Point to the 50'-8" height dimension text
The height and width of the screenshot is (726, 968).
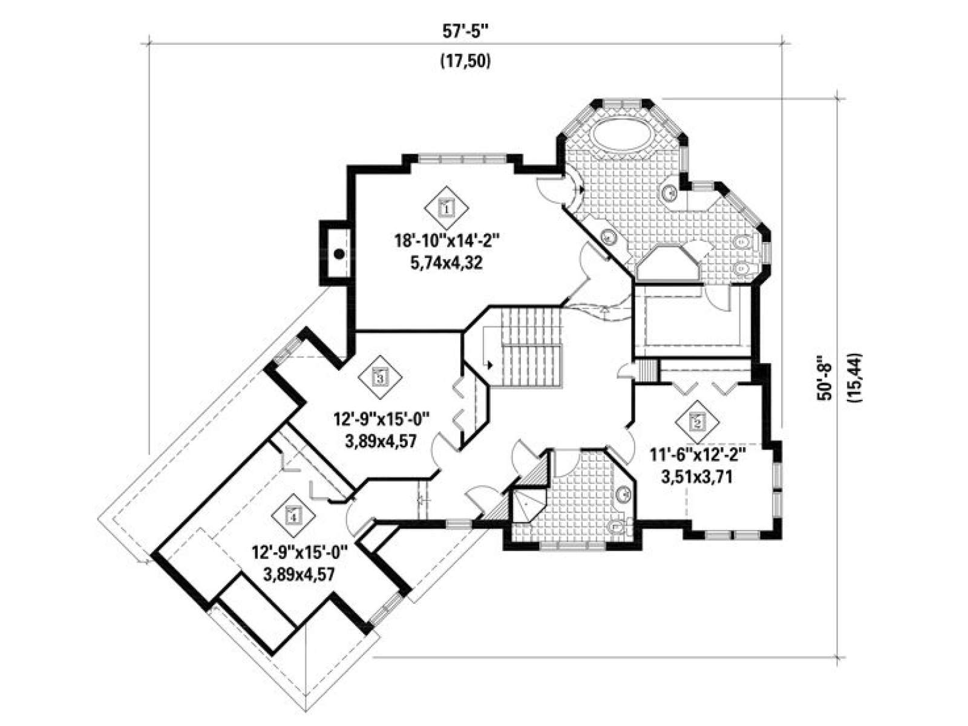tap(825, 377)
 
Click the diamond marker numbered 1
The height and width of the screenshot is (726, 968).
tap(446, 207)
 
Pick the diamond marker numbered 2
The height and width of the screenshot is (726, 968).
tap(697, 422)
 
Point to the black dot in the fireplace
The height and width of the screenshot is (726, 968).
tap(339, 254)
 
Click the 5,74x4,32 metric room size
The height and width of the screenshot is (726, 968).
tap(446, 263)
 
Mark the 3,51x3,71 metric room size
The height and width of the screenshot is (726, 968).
tap(697, 477)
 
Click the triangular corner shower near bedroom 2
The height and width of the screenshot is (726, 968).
tap(528, 506)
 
